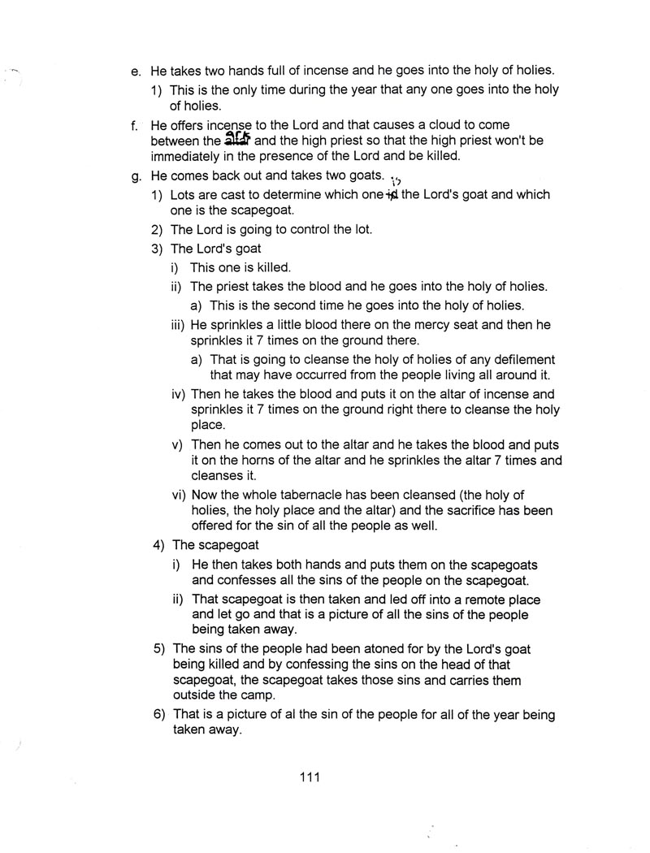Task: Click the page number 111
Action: coord(309,777)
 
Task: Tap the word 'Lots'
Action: coord(184,195)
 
